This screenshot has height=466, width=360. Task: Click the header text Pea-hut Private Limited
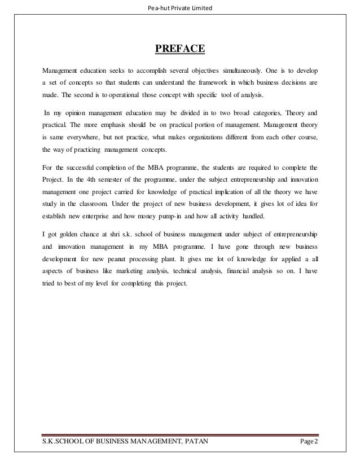tap(179, 7)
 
